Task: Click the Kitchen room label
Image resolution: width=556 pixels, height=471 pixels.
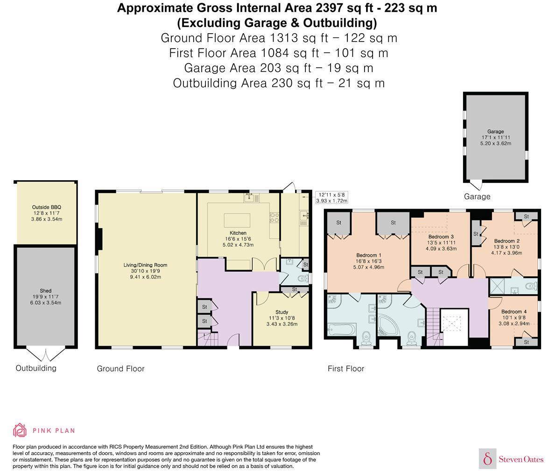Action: click(x=238, y=233)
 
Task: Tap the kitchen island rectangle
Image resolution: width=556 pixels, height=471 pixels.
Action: click(x=237, y=219)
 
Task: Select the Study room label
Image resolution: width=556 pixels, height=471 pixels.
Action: click(x=282, y=312)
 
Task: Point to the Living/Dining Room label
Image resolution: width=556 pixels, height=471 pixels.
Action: click(x=145, y=265)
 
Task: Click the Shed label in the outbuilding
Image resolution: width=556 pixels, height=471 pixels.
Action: click(x=45, y=291)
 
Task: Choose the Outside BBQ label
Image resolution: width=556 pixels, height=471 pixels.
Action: click(x=46, y=207)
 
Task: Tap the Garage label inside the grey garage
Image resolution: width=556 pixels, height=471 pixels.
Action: click(x=495, y=132)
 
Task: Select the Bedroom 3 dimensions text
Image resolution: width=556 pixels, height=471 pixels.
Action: click(x=441, y=246)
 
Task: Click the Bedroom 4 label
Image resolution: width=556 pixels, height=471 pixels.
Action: click(x=514, y=312)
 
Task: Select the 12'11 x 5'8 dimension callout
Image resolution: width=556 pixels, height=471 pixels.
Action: click(x=332, y=197)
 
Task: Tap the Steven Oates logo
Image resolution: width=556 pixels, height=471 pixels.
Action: click(x=512, y=459)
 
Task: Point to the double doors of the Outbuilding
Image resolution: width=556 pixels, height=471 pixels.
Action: click(x=45, y=354)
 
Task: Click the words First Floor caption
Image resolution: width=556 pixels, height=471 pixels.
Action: click(x=345, y=369)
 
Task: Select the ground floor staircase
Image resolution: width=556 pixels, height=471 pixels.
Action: click(x=205, y=338)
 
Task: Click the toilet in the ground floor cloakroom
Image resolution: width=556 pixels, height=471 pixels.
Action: click(x=302, y=279)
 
